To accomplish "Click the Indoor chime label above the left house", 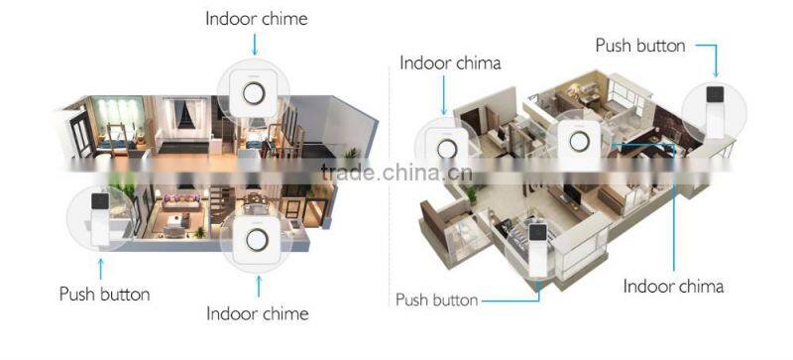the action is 256,19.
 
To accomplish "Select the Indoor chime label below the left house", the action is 257,313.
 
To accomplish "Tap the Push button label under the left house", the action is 104,294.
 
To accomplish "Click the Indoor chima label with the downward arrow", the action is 450,62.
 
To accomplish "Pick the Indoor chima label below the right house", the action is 673,287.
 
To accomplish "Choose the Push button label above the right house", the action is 639,45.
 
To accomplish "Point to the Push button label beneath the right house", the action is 437,300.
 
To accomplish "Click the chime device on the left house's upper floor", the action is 256,94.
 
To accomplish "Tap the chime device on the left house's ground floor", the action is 257,240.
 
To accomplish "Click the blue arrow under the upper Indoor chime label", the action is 256,43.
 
